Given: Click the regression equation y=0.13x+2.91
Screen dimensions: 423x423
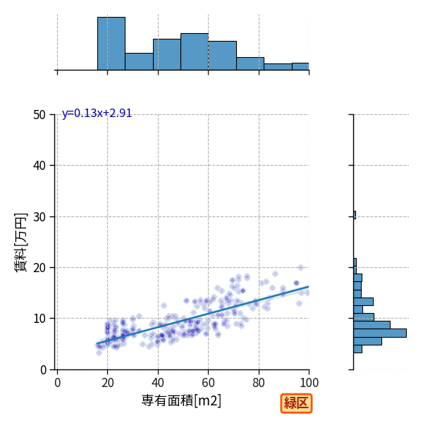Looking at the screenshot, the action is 97,114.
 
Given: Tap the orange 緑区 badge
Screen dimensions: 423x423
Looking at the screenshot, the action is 296,403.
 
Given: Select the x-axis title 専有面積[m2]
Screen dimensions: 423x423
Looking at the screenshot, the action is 181,400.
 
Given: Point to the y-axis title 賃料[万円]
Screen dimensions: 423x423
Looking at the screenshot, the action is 21,243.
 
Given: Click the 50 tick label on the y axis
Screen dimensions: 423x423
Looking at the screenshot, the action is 39,115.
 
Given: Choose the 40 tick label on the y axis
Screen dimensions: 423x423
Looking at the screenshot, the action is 39,166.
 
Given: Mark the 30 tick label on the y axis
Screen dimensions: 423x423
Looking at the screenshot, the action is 39,217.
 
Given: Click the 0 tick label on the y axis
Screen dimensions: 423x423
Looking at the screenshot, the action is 44,370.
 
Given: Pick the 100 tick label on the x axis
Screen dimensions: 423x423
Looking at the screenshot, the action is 309,383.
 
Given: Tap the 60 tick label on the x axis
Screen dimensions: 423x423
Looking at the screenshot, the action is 208,383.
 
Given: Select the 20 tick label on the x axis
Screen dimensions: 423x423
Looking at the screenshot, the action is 108,383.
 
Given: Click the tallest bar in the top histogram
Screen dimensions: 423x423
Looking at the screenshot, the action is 111,44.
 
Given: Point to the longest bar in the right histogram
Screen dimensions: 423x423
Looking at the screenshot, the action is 380,333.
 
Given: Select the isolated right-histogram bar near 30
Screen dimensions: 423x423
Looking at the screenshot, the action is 355,215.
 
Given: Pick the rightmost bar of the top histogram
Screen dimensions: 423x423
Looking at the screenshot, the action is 300,67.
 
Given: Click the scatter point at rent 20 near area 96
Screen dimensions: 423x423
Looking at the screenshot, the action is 300,267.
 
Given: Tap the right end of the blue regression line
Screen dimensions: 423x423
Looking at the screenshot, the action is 309,286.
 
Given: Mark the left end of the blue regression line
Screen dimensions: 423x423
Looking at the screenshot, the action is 97,344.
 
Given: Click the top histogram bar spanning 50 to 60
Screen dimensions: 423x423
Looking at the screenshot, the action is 195,51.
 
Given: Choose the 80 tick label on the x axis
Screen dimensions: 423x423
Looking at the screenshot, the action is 259,383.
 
